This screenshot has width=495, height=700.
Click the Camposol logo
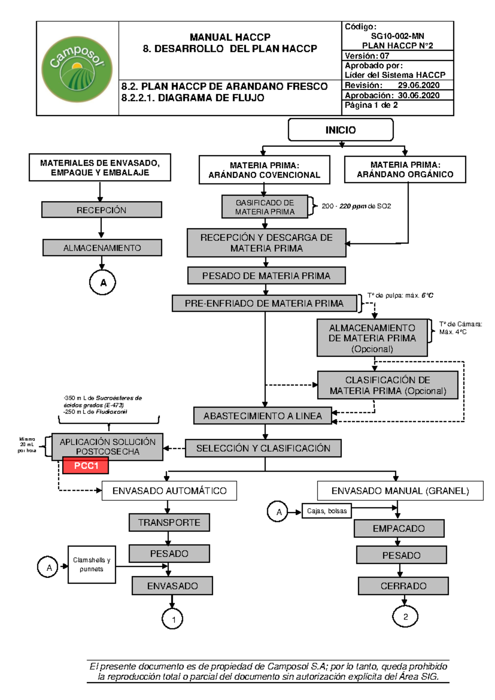tap(77, 69)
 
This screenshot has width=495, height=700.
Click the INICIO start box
tap(340, 130)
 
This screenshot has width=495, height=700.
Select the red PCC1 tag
tap(86, 466)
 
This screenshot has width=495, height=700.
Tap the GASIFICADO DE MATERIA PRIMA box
tap(265, 207)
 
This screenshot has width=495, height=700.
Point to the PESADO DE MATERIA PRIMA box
tap(266, 276)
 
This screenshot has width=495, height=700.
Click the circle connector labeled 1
tap(172, 619)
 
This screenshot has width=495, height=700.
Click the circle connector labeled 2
tap(405, 617)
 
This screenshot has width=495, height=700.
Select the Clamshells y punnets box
tap(92, 564)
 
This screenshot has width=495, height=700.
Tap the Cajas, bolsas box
tap(327, 511)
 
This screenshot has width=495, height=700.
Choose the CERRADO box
tap(403, 586)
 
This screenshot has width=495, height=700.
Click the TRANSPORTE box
tap(169, 523)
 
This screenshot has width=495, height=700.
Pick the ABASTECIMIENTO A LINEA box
tap(263, 416)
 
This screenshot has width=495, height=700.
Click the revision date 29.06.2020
tap(418, 85)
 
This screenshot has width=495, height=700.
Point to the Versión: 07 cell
tap(367, 56)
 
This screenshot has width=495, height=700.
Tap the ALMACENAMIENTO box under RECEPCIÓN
tap(102, 248)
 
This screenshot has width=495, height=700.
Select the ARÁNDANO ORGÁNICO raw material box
tap(405, 170)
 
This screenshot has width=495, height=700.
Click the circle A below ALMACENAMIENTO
tap(103, 283)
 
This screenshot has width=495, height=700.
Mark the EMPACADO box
tap(398, 529)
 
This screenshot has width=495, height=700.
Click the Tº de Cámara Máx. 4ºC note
tap(460, 328)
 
